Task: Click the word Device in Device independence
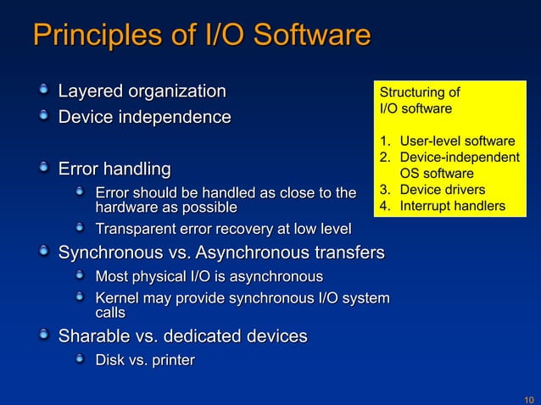[x=84, y=116]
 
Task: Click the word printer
[x=170, y=361]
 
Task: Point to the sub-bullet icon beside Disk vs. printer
[x=81, y=360]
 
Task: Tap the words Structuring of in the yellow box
[x=420, y=92]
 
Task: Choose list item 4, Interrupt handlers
[x=453, y=206]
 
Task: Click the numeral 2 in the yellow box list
[x=384, y=157]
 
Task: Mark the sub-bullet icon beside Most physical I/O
[x=81, y=276]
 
